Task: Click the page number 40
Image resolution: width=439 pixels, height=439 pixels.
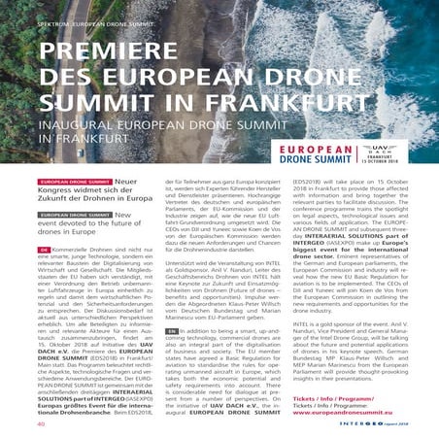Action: (x=43, y=424)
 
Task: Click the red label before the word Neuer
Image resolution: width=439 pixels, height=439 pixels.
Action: (x=74, y=183)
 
